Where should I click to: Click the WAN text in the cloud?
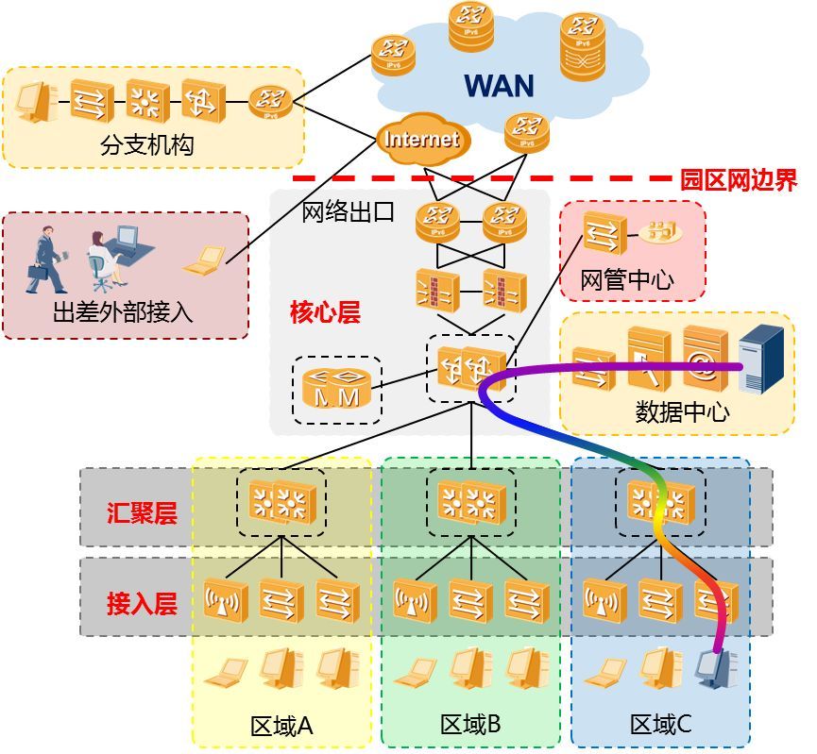click(x=499, y=86)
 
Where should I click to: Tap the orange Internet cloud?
click(x=421, y=140)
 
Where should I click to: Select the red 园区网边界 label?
click(x=739, y=179)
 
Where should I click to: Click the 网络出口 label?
click(x=348, y=211)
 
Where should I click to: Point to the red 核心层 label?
click(x=325, y=312)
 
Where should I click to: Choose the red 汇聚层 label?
click(x=142, y=513)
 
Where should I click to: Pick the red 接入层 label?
click(x=142, y=604)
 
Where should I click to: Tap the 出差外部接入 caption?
click(x=123, y=311)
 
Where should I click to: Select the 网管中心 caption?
click(x=626, y=280)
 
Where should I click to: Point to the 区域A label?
click(x=281, y=726)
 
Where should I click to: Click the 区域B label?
click(x=470, y=725)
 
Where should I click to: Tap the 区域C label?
click(x=661, y=725)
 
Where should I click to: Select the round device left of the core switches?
click(x=336, y=388)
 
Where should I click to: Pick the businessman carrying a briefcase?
click(x=45, y=259)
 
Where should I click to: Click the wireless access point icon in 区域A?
click(x=226, y=601)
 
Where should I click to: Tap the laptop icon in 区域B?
click(x=415, y=671)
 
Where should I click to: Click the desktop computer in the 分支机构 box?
click(x=35, y=101)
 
